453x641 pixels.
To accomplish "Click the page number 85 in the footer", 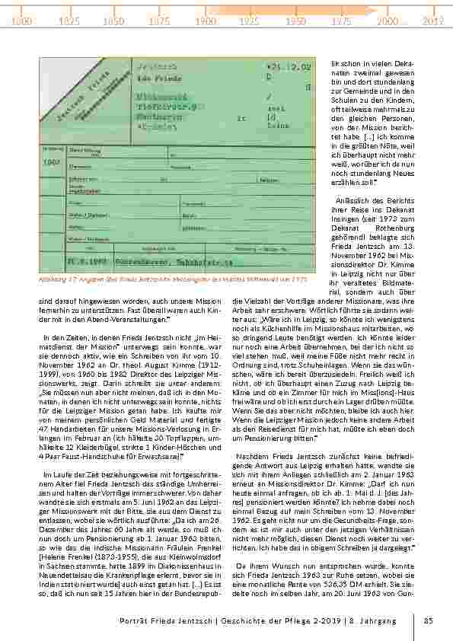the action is coord(429,620).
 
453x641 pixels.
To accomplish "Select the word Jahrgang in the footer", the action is coord(393,620).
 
